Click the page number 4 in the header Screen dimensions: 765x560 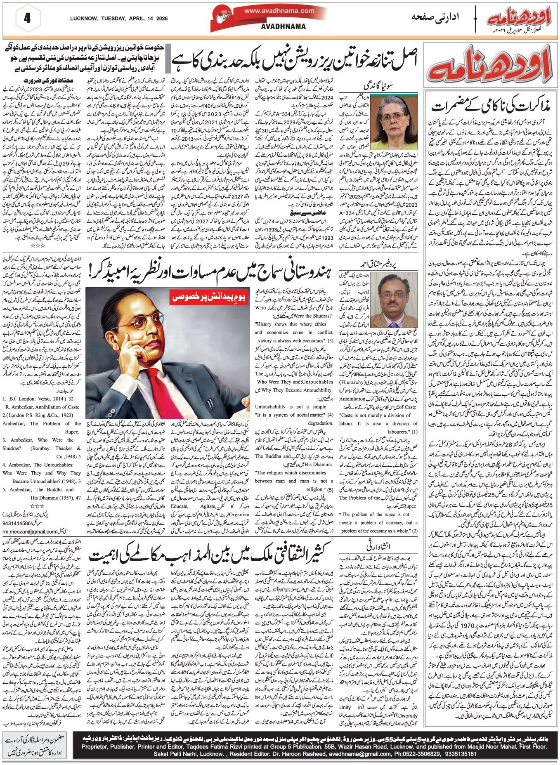click(x=27, y=19)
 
